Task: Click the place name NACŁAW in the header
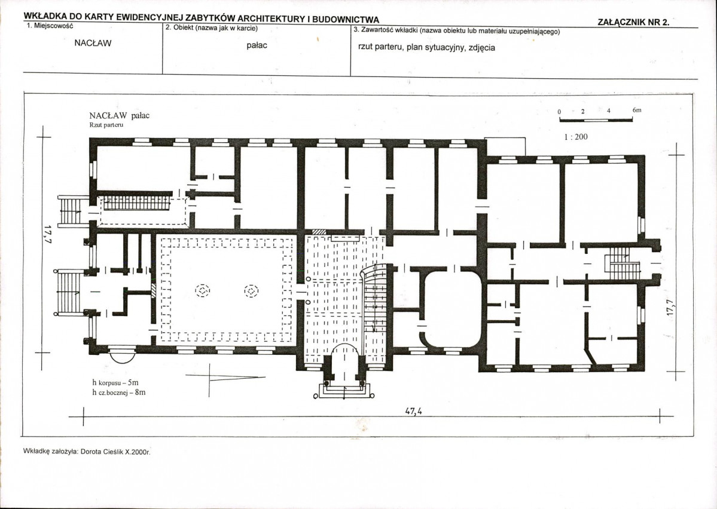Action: tap(93, 44)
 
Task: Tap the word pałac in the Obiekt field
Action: tap(257, 45)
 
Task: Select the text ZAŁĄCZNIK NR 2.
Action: tap(633, 22)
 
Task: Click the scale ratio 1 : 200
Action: tap(576, 137)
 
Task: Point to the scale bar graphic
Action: tap(596, 120)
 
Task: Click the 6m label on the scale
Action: tap(637, 110)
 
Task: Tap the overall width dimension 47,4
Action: tap(413, 411)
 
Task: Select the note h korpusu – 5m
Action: tap(115, 383)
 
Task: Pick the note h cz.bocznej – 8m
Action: tap(118, 392)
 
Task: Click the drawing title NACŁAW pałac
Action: tap(120, 115)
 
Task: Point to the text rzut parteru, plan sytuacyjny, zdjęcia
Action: tap(427, 48)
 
